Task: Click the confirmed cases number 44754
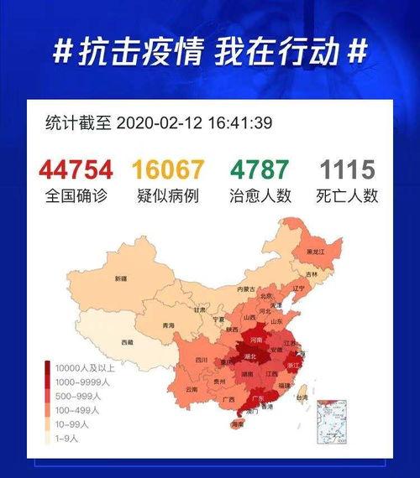tap(81, 169)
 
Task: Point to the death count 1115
tap(347, 169)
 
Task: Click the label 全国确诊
tap(81, 196)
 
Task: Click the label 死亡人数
tap(347, 196)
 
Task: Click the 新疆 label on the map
tap(122, 278)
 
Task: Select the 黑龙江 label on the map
tap(316, 252)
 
